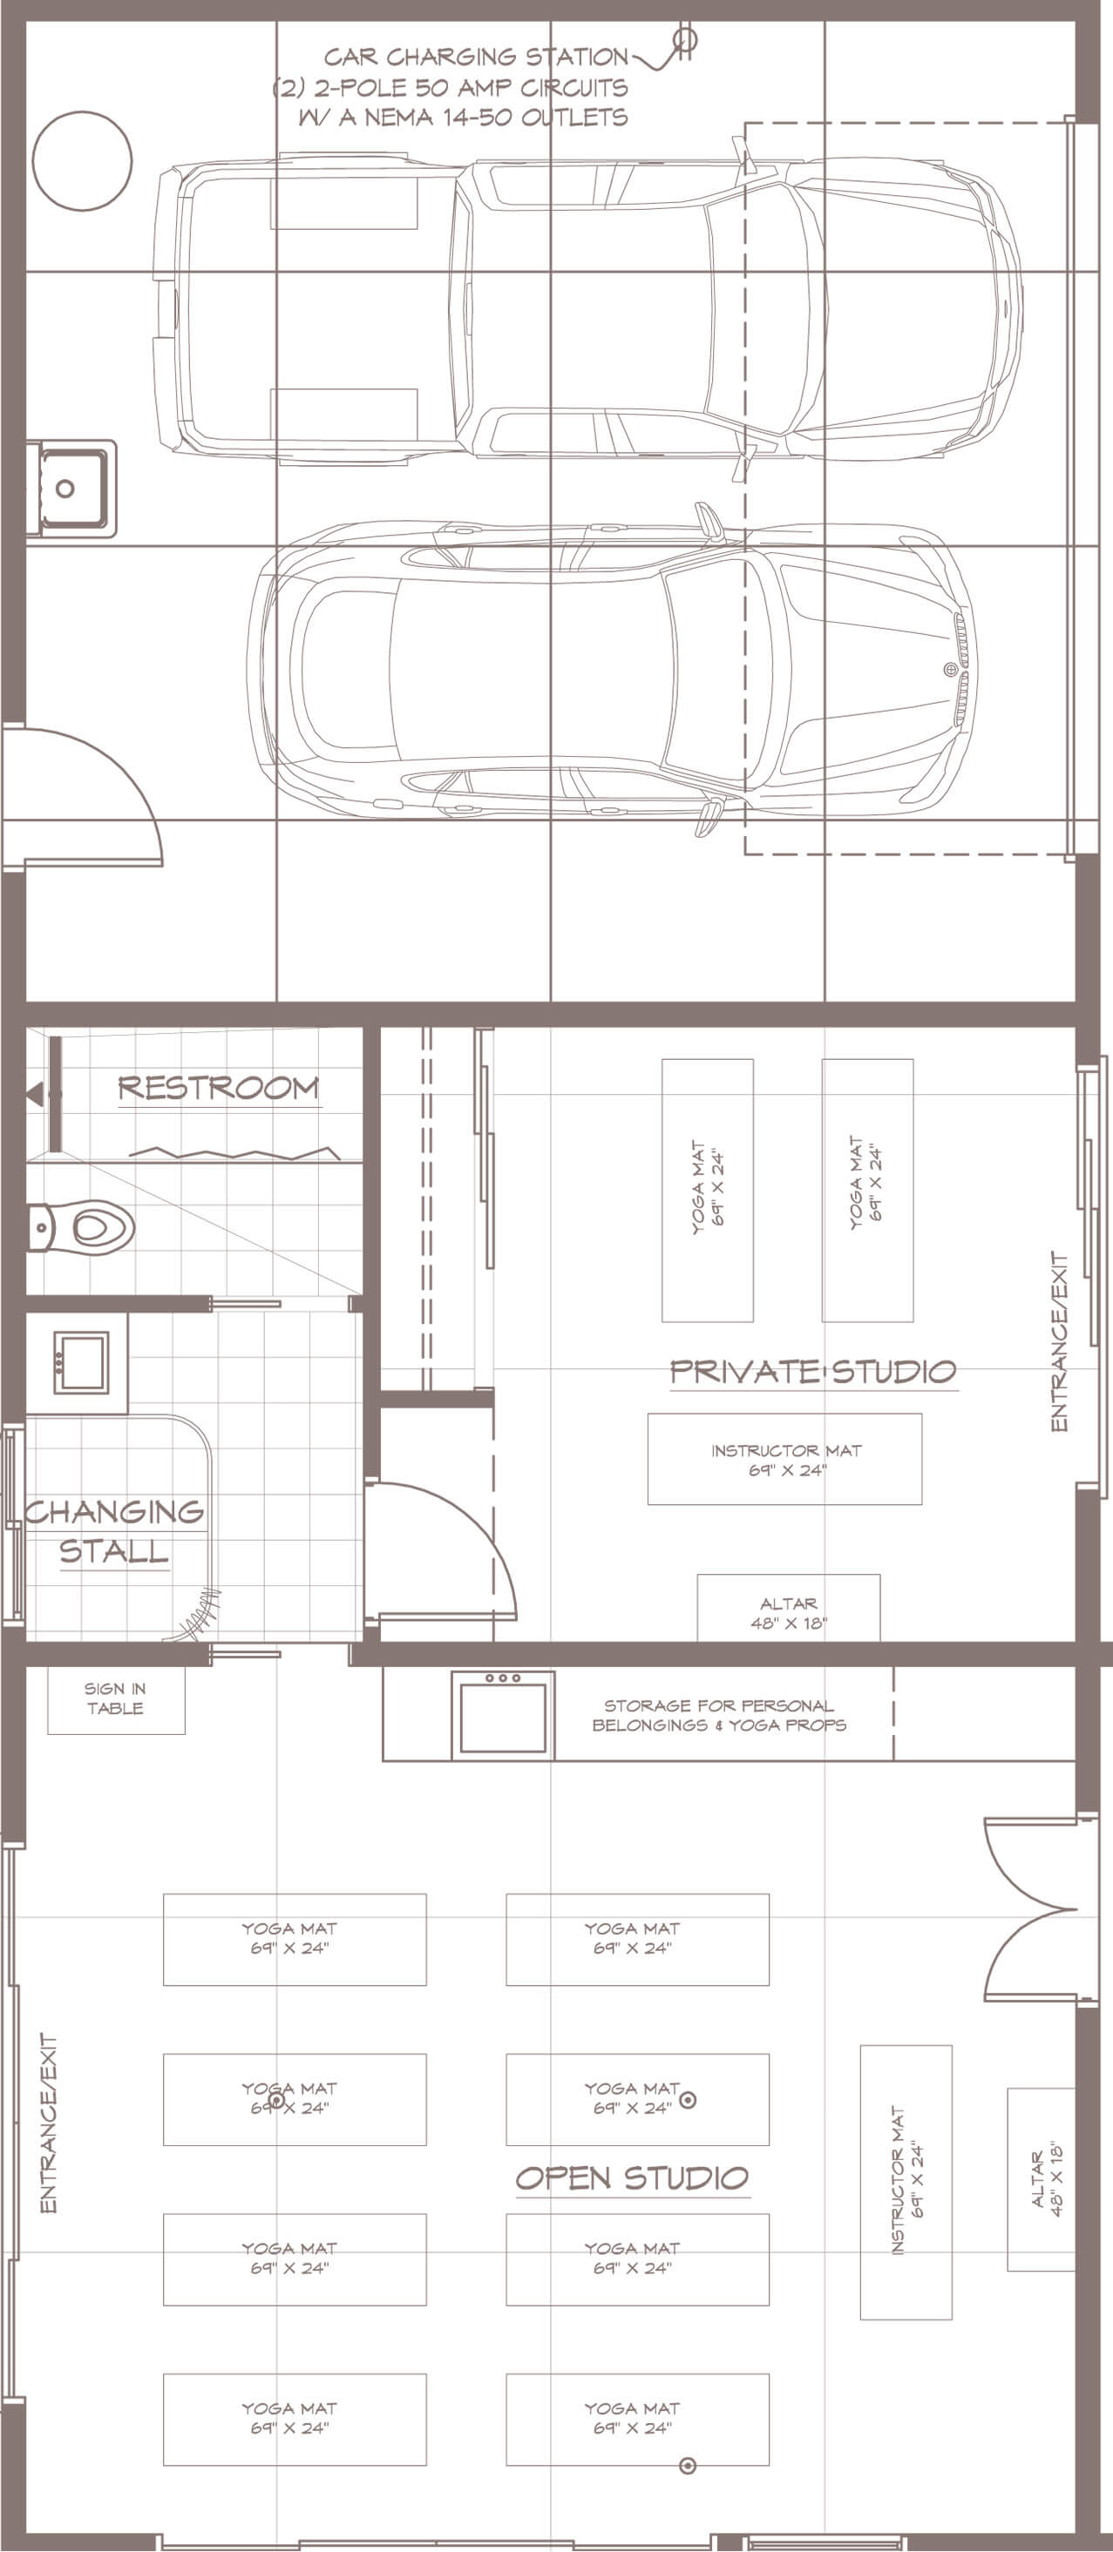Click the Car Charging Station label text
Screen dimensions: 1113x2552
(x=477, y=57)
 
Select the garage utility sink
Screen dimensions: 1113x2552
(x=71, y=489)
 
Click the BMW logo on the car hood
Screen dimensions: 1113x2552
(x=948, y=670)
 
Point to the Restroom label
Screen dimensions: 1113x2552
(x=219, y=1088)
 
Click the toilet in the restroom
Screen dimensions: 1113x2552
(x=80, y=1228)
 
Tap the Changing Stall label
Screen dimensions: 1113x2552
(x=114, y=1530)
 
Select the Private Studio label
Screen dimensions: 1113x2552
(x=812, y=1371)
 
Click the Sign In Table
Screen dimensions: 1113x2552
(x=116, y=1699)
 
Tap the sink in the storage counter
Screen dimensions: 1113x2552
(x=503, y=1715)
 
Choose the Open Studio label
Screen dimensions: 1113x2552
(x=632, y=2177)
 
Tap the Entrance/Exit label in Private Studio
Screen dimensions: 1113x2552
(x=1060, y=1341)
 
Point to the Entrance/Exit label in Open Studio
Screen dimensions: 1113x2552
(x=49, y=2123)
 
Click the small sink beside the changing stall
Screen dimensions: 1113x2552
(x=80, y=1362)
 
